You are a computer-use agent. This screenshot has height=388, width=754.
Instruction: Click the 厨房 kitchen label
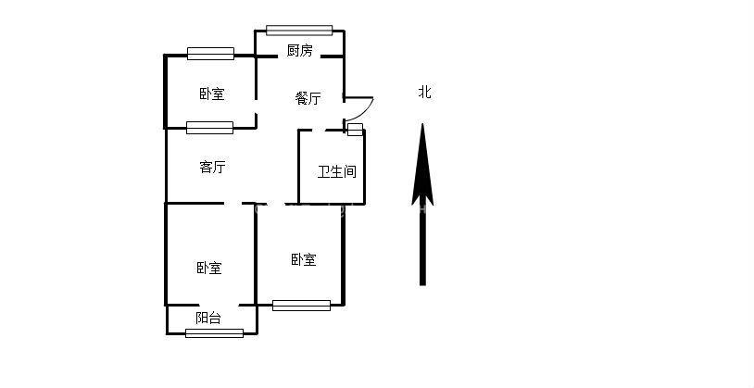tap(299, 51)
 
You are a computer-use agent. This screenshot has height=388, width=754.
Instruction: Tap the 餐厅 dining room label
tap(308, 98)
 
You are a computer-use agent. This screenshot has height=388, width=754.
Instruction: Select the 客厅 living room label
tap(212, 168)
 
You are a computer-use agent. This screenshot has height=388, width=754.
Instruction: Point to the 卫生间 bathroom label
tap(336, 171)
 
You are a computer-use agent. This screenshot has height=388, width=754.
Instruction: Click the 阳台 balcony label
tap(208, 318)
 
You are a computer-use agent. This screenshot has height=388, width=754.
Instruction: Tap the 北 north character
tap(424, 92)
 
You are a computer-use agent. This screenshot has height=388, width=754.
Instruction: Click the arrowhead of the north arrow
tap(422, 162)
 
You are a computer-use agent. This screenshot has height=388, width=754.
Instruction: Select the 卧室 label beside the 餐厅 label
tap(211, 94)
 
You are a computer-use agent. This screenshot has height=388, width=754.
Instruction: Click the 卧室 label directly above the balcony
tap(208, 268)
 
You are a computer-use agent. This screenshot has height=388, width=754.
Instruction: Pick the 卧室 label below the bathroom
tap(303, 259)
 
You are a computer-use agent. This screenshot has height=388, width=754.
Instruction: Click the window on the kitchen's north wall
tap(298, 30)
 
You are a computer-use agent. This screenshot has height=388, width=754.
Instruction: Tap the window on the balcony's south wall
tap(214, 332)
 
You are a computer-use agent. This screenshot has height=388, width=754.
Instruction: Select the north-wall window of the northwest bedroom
tap(210, 54)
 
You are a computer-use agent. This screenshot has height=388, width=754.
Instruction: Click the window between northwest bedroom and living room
tap(209, 128)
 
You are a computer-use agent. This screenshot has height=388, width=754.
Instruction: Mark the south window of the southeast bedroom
tap(301, 305)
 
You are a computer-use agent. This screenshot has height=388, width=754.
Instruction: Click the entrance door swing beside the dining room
tap(360, 106)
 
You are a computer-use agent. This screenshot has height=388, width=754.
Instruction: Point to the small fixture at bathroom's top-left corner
tap(354, 129)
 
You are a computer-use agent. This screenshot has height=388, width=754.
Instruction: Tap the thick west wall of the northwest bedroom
tap(166, 91)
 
